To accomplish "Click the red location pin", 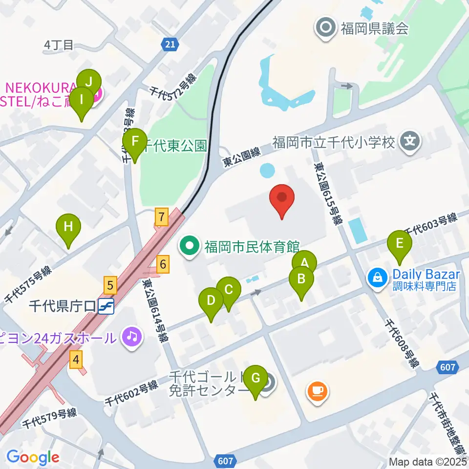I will click(x=282, y=200).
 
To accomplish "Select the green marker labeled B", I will click(x=301, y=280).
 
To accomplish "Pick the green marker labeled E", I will click(x=400, y=243).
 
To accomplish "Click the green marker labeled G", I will click(x=255, y=378).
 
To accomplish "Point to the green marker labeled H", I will click(x=68, y=227).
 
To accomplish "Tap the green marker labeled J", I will click(x=89, y=82).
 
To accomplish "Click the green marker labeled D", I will click(x=211, y=300).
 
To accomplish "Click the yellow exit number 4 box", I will click(x=75, y=361).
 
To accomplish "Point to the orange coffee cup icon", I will click(x=318, y=390).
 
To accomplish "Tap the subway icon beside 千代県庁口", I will click(x=106, y=306).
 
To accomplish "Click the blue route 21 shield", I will click(x=169, y=44).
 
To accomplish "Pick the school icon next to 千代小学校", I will click(x=409, y=142).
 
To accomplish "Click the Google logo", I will click(x=33, y=457).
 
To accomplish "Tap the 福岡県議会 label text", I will click(x=374, y=28).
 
